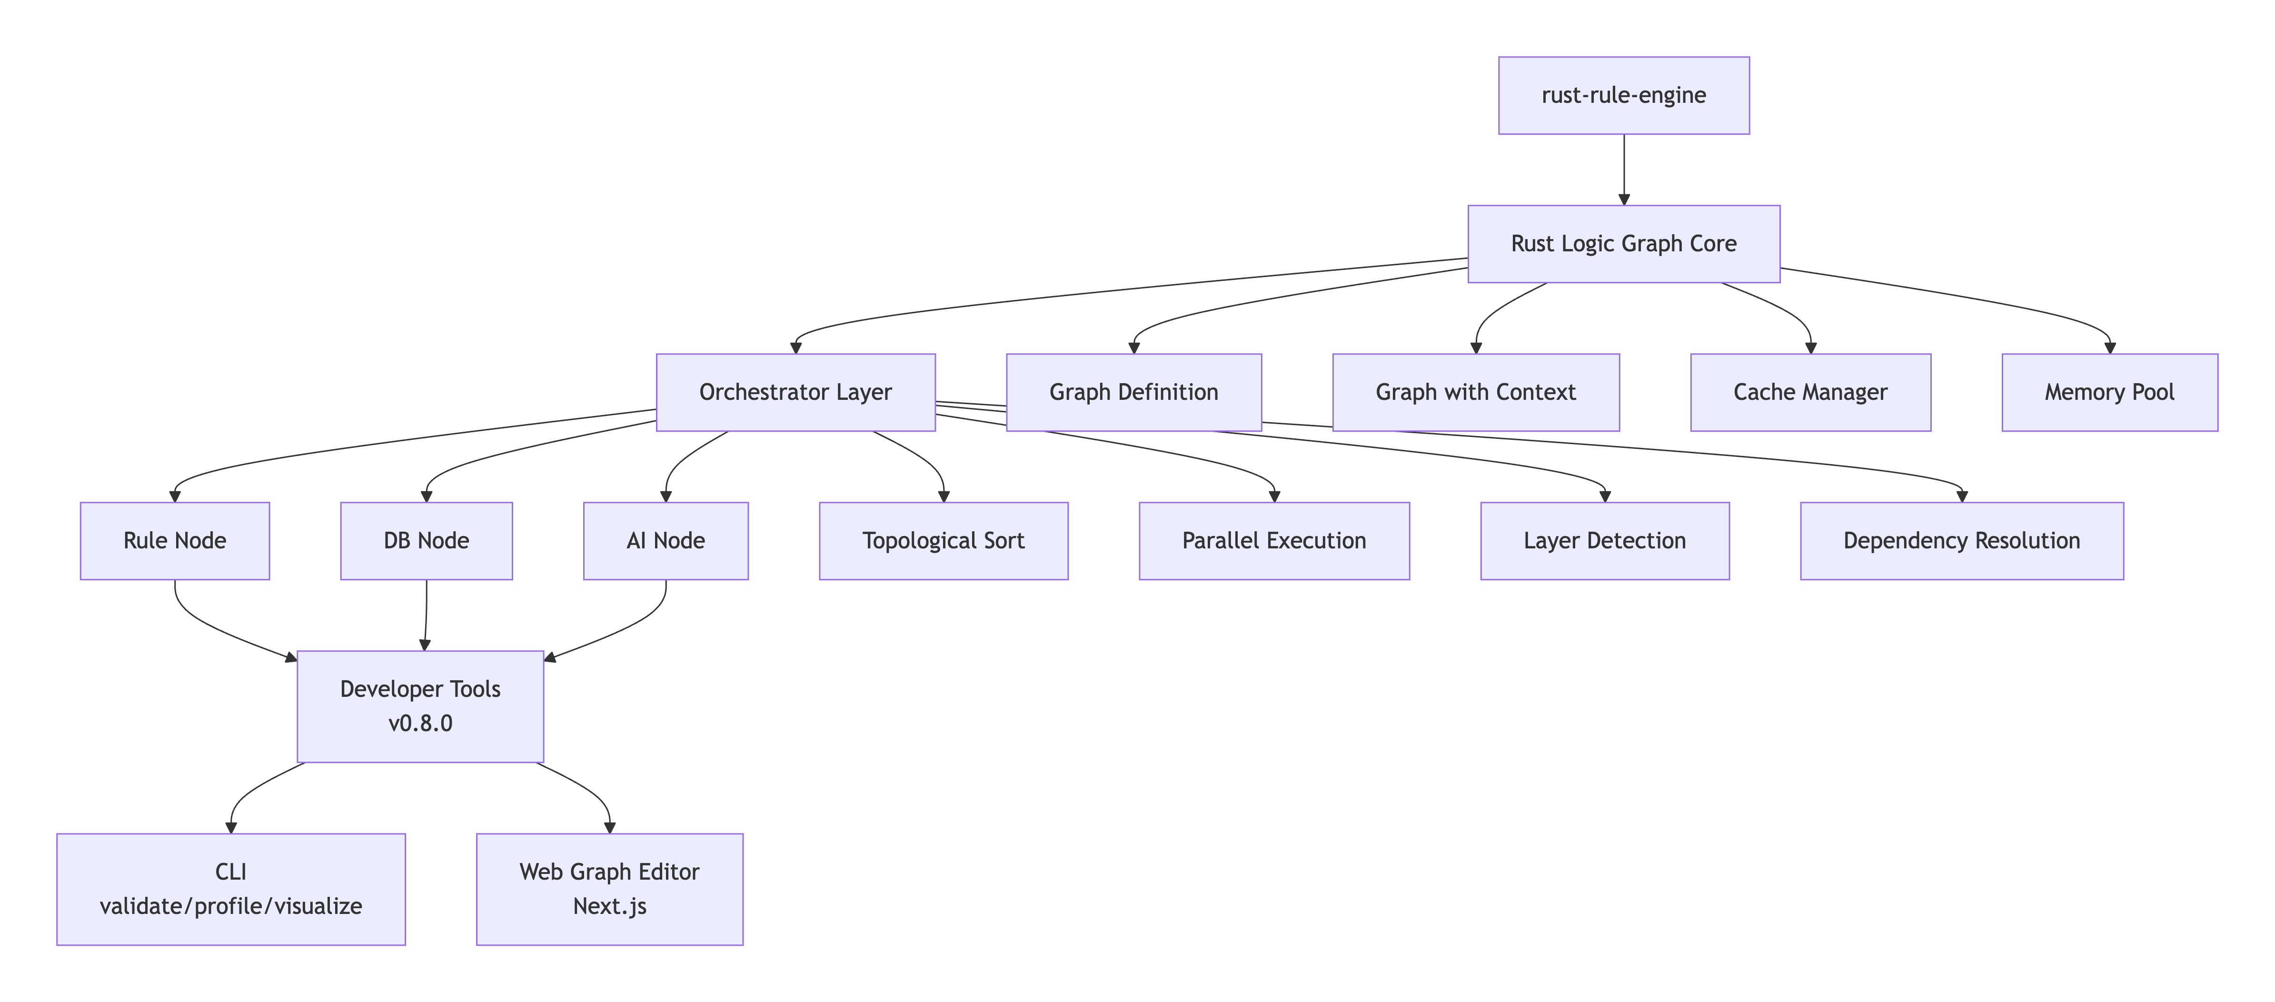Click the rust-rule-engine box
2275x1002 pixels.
coord(1623,95)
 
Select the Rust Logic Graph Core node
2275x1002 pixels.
coord(1623,244)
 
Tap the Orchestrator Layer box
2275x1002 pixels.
coord(795,392)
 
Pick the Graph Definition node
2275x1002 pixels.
coord(1133,392)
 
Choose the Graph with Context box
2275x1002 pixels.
coord(1475,392)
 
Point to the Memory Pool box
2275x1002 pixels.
coord(2109,392)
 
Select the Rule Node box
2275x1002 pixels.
coord(175,540)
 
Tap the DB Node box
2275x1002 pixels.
coord(426,540)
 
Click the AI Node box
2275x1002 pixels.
coord(665,540)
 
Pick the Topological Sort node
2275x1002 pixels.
coord(943,540)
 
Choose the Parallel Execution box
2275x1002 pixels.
coord(1273,540)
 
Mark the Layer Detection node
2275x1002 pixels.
coord(1604,540)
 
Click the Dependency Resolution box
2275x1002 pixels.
coord(1961,540)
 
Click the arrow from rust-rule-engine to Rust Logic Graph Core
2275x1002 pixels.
coord(1623,169)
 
